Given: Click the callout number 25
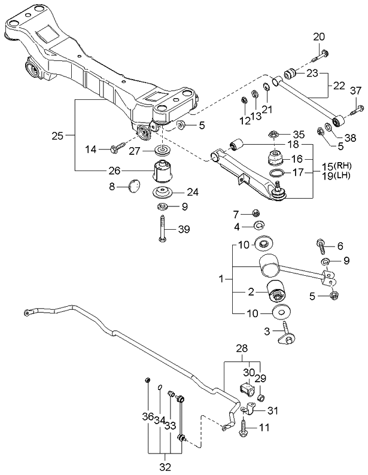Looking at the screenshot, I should click(x=57, y=136).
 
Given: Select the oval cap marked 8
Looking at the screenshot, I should click(x=133, y=186).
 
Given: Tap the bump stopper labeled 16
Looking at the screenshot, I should click(x=273, y=160).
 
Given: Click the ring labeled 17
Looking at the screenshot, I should click(x=276, y=173).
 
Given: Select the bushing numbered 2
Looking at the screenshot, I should click(x=278, y=293).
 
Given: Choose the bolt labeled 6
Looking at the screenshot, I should click(x=320, y=246).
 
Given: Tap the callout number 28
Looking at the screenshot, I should click(x=242, y=348).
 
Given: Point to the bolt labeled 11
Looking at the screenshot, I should click(x=245, y=427).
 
